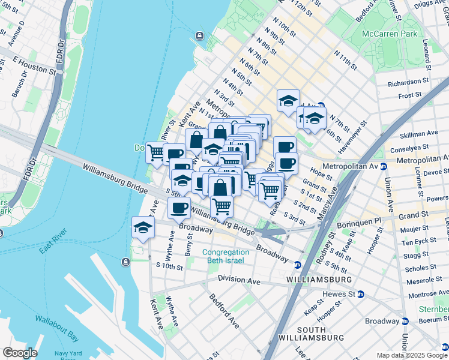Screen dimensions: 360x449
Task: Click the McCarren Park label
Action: (x=390, y=34)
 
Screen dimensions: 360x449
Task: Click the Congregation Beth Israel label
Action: (x=225, y=257)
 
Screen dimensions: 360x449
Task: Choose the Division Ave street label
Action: (x=239, y=280)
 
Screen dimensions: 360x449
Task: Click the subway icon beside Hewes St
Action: (x=360, y=294)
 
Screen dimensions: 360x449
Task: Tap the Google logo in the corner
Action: (x=19, y=353)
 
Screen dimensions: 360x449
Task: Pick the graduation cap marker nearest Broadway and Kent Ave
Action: (x=143, y=228)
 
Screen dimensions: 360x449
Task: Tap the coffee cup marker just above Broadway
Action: (x=179, y=208)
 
